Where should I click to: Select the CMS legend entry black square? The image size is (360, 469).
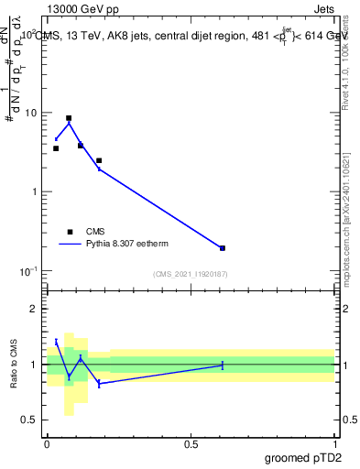[x=69, y=232]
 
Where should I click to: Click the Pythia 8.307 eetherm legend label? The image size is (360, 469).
[x=127, y=245]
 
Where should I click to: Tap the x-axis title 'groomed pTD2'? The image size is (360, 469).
[x=305, y=457]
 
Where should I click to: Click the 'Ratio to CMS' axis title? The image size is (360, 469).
[x=14, y=365]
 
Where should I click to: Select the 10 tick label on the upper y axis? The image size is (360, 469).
[x=31, y=113]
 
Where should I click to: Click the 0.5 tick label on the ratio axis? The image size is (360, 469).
[x=29, y=420]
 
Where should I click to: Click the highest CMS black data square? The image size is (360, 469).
[x=69, y=118]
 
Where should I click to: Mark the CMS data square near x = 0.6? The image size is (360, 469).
[x=223, y=248]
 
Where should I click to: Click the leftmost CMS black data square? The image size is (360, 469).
[x=56, y=148]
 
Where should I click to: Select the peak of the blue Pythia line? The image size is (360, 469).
[x=69, y=124]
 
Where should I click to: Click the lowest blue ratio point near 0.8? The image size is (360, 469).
[x=99, y=384]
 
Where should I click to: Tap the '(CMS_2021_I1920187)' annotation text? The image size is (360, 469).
[x=191, y=274]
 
